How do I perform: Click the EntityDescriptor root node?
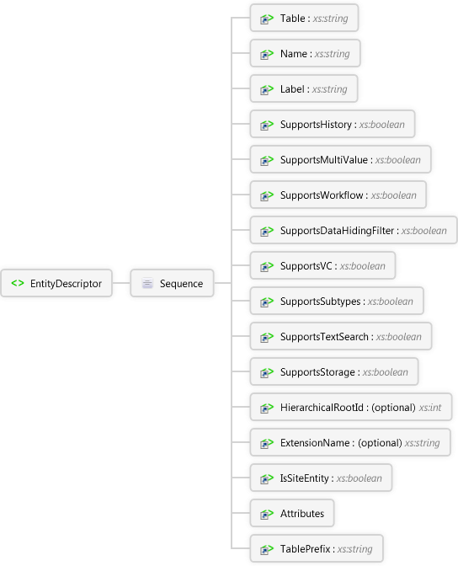(56, 283)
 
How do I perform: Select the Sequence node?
(172, 283)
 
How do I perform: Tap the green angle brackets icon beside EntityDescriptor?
(18, 283)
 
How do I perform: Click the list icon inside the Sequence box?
(147, 283)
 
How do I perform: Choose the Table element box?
(304, 18)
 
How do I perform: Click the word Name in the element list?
(294, 53)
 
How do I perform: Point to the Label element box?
(304, 88)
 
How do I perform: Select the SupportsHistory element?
(333, 124)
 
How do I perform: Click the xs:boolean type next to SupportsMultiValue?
(397, 159)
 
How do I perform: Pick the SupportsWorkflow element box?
(338, 195)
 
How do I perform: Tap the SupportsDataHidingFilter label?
(337, 230)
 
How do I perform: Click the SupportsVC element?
(322, 265)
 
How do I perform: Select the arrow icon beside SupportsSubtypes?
(267, 301)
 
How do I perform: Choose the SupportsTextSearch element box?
(341, 336)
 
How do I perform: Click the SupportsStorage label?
(317, 371)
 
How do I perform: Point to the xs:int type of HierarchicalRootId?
(430, 407)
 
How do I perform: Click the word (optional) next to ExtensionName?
(380, 442)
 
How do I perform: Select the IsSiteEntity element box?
(321, 478)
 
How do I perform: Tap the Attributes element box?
(292, 513)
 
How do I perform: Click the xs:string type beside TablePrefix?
(354, 548)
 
